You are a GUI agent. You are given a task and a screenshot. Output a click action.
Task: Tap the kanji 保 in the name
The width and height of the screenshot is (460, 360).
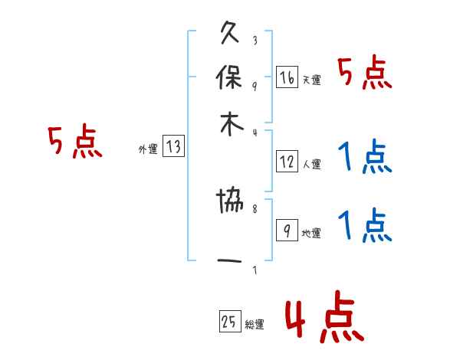coord(230,78)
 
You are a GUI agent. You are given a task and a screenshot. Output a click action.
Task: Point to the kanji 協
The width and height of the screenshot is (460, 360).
coord(230,204)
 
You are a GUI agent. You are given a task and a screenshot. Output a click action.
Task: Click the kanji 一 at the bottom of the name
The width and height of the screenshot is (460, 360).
coord(230,261)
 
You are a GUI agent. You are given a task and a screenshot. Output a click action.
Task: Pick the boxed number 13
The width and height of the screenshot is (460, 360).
coord(174,147)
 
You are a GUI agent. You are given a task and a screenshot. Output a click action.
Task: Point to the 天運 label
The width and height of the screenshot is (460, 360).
coord(310,80)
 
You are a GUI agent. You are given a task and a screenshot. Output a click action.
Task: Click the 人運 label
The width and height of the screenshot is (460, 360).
coord(310,164)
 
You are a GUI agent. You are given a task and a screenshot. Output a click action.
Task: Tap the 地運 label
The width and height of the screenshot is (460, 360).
coord(310,233)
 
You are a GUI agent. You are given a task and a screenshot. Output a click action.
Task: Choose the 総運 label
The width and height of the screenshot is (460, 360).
coord(254,325)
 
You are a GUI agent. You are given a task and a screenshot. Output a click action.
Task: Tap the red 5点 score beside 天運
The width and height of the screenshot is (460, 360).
coord(364,74)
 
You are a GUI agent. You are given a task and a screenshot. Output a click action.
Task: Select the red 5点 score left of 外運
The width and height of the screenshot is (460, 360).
coord(74,142)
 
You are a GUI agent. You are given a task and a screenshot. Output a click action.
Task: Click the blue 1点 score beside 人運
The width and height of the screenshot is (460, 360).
coord(364,159)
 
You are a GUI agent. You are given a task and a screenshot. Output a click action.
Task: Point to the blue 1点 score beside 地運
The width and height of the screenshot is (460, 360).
coord(364,226)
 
